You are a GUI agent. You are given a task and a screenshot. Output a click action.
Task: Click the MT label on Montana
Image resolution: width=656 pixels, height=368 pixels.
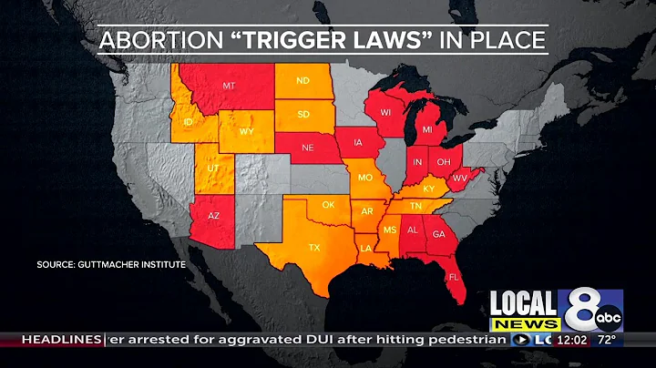click(x=230, y=87)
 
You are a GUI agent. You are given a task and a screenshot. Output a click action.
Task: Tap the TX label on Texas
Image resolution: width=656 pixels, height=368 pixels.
click(x=314, y=247)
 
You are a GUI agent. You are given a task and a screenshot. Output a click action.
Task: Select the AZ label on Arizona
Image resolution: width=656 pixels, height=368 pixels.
click(x=214, y=216)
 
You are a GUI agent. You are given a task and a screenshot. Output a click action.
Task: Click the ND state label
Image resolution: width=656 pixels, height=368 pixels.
click(x=303, y=81)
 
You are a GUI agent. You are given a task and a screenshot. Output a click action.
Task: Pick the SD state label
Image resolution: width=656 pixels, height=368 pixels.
click(x=303, y=116)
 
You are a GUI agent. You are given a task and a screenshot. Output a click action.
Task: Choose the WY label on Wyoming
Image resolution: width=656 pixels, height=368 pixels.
click(x=246, y=131)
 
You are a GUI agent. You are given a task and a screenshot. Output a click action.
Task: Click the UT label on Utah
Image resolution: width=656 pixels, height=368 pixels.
click(x=211, y=170)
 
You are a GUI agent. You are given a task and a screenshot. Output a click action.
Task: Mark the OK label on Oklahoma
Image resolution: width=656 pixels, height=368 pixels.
click(x=328, y=205)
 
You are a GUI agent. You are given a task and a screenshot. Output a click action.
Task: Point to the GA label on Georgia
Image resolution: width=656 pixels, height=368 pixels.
click(x=438, y=234)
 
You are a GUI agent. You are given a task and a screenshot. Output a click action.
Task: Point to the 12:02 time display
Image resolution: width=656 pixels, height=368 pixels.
click(x=572, y=340)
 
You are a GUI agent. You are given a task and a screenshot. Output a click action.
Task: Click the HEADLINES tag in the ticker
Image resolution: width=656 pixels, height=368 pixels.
click(x=60, y=340)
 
